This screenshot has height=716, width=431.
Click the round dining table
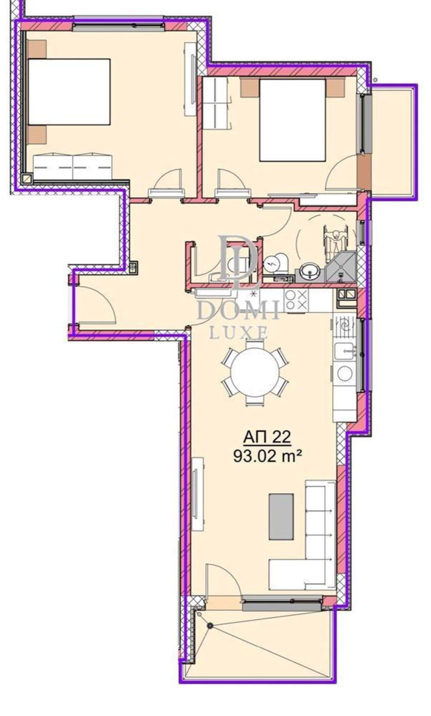(255, 373)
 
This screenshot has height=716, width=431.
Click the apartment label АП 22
(267, 437)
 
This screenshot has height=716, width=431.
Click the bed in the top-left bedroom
(69, 92)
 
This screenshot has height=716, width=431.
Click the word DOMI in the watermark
(239, 310)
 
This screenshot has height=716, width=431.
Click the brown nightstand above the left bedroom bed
(37, 49)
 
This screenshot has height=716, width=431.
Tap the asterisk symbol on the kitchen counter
(255, 293)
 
